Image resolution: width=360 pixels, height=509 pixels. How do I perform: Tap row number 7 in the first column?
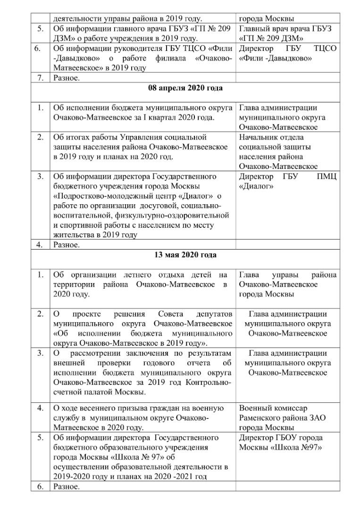(x=40, y=78)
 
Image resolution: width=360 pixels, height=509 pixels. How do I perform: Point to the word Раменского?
(x=261, y=418)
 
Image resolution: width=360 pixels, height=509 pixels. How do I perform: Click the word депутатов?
(x=215, y=314)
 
